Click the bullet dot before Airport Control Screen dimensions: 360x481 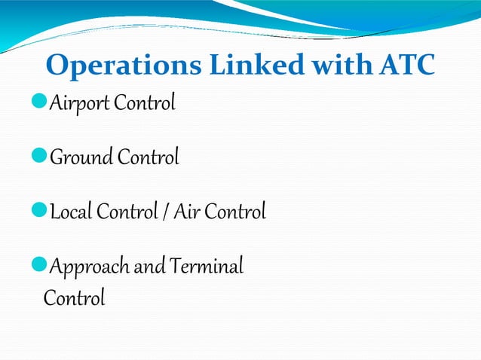coord(42,102)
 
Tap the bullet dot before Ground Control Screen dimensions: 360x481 coord(42,157)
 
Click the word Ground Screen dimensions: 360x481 coord(81,158)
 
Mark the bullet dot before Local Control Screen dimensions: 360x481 coord(42,212)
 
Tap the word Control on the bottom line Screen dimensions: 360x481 coord(74,298)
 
